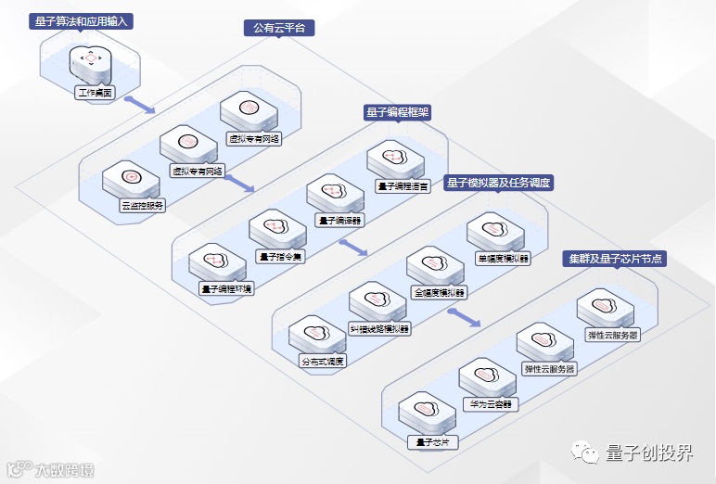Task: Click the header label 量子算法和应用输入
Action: tap(82, 20)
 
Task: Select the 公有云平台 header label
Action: tap(278, 28)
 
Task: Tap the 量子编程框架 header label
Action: tap(398, 112)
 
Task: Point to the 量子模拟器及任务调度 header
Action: tap(498, 183)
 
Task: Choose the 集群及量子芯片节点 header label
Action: tap(615, 259)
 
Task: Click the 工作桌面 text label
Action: tap(94, 93)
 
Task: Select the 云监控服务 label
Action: tap(143, 206)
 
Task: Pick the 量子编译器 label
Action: tap(340, 221)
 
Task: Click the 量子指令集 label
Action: tap(281, 257)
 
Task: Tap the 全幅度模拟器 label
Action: tap(440, 292)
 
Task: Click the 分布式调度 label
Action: tap(322, 361)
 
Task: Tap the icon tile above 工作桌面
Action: tap(90, 60)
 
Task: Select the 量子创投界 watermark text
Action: tap(648, 453)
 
